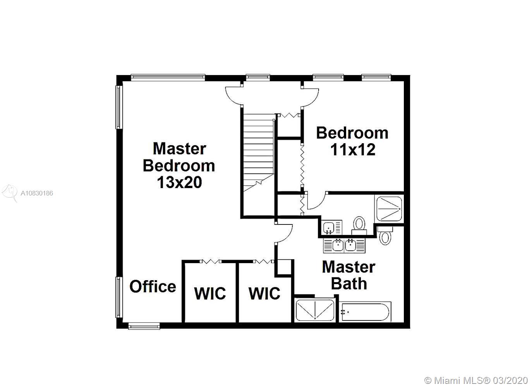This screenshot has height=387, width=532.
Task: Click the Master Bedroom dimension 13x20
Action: [x=180, y=182]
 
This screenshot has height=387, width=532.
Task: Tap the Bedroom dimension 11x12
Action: [x=353, y=150]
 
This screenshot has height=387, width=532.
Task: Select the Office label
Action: [x=153, y=286]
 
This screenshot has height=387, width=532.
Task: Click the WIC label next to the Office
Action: [x=210, y=293]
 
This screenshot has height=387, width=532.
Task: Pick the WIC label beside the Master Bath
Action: [x=264, y=293]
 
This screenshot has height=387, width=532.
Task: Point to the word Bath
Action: [x=349, y=284]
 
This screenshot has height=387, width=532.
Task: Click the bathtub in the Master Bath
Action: [x=365, y=312]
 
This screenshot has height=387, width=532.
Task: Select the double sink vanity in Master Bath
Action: [x=344, y=245]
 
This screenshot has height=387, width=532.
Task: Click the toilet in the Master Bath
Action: [x=385, y=235]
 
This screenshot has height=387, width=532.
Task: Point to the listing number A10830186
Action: [x=37, y=193]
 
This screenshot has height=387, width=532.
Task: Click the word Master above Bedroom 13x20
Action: [x=179, y=149]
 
